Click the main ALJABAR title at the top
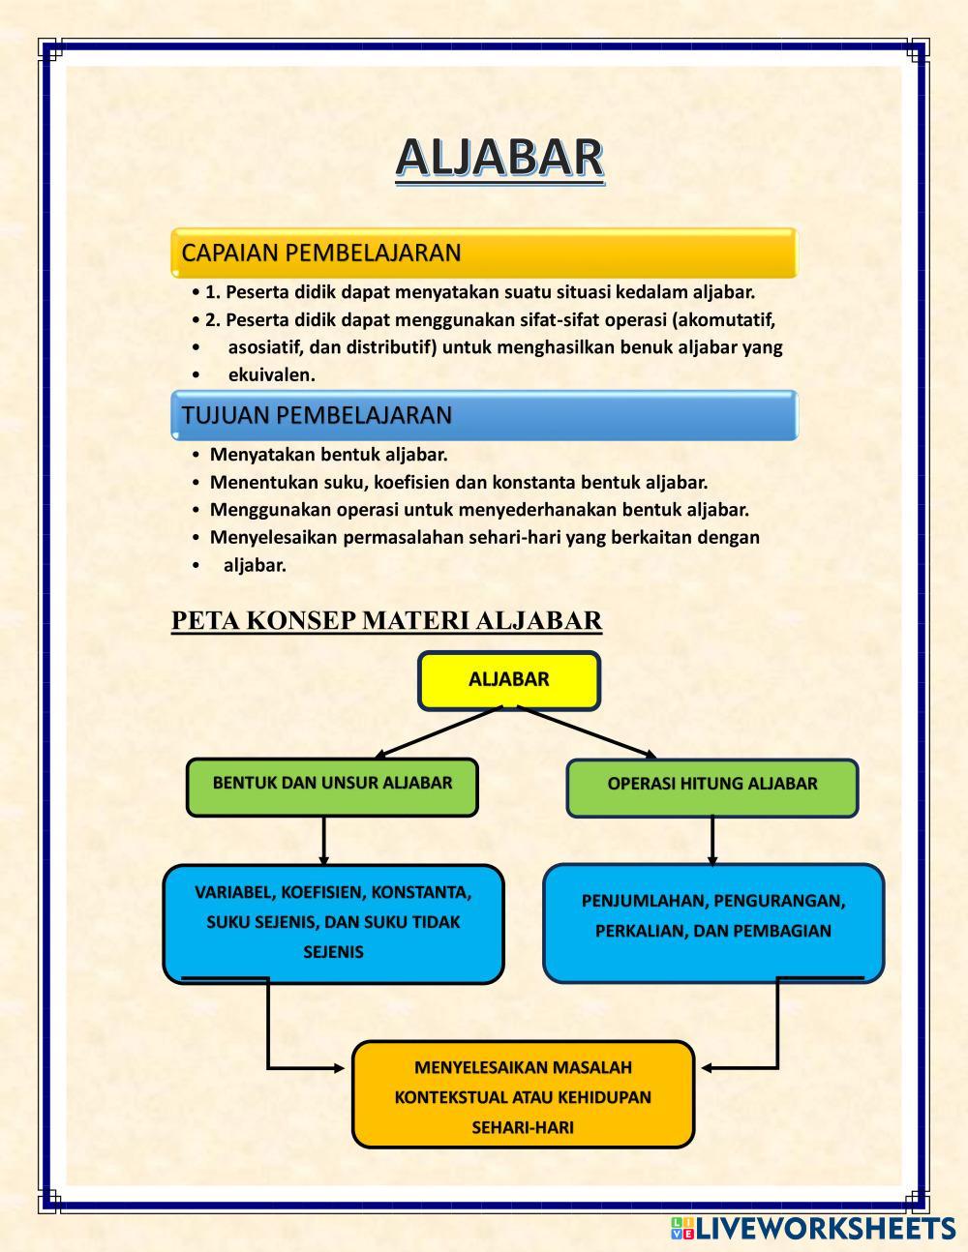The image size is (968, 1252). (x=499, y=158)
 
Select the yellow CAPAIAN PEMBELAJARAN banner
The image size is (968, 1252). (x=483, y=253)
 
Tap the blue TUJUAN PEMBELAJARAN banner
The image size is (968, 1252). (x=483, y=416)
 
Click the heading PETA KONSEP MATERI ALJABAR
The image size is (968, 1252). (x=386, y=620)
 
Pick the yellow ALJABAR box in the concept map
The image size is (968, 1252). (x=509, y=680)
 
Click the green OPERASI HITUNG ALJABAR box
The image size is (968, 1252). (x=711, y=787)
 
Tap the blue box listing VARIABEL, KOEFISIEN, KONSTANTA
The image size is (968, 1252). (x=333, y=922)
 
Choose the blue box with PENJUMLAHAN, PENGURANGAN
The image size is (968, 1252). (x=713, y=919)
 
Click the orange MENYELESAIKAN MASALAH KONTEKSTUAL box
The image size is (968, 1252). (x=523, y=1095)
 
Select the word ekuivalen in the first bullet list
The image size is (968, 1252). (x=272, y=375)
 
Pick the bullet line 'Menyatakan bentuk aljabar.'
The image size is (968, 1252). (x=328, y=455)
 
